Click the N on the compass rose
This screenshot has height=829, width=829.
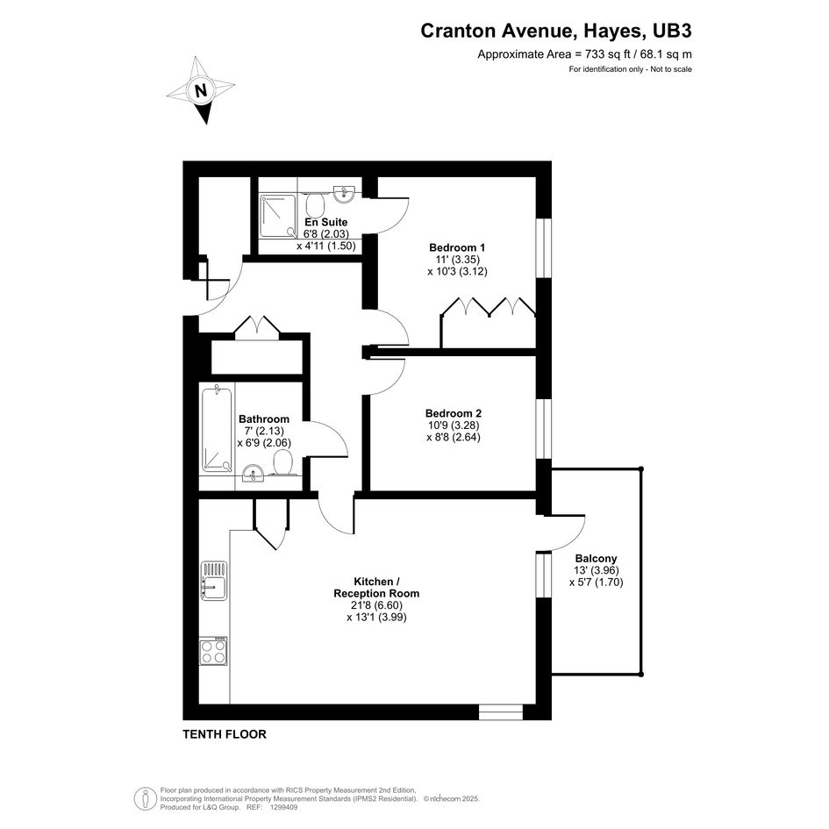(x=201, y=90)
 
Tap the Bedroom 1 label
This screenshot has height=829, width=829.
(x=457, y=247)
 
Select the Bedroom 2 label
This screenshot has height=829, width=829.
(x=454, y=413)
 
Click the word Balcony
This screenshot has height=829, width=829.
(x=596, y=558)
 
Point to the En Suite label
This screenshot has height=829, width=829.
(x=326, y=222)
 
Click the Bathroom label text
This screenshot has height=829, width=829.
(x=264, y=419)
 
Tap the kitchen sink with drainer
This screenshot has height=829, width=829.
(x=214, y=581)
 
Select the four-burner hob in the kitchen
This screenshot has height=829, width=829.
(x=213, y=651)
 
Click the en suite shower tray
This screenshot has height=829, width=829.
(x=278, y=216)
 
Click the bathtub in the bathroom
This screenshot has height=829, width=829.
(x=217, y=430)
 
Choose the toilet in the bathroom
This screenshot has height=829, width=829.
(x=282, y=464)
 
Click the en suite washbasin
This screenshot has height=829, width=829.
(x=344, y=194)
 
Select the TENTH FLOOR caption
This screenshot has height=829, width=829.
(x=225, y=734)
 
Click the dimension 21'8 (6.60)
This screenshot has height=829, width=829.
(x=376, y=605)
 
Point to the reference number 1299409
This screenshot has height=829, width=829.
(x=284, y=807)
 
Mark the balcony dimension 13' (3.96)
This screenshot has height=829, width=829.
(x=597, y=570)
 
